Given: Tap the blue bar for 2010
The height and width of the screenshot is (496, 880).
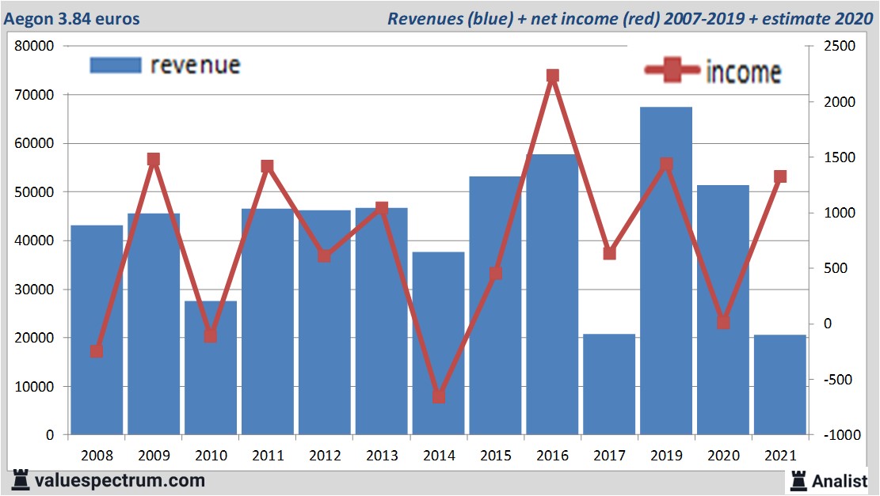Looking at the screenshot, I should click(211, 368).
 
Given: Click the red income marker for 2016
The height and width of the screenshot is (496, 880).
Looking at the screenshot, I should click(553, 76).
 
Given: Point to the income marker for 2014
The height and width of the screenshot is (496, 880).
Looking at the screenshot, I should click(438, 396).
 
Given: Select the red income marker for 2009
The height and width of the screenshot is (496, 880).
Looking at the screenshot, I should click(154, 160).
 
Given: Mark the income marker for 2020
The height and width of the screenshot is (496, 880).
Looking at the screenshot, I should click(723, 322).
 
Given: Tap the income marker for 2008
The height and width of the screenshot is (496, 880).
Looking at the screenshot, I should click(97, 351).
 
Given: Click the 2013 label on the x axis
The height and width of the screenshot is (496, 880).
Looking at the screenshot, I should click(382, 456).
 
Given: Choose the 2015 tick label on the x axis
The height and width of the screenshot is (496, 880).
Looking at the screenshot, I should click(496, 456).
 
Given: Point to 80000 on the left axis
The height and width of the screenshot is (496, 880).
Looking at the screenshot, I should click(35, 46).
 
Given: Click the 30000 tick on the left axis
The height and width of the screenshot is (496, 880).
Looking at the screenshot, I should click(35, 290).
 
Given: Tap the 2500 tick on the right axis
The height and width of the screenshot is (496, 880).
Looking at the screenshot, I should click(838, 47).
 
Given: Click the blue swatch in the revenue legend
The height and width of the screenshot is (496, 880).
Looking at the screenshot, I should click(116, 65).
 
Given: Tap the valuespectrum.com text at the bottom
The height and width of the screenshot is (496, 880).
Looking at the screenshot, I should click(119, 480).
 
